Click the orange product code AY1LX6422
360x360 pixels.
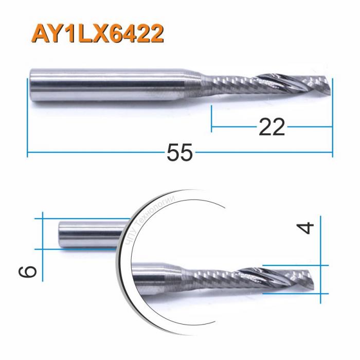click(x=98, y=34)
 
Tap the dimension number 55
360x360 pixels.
click(x=179, y=153)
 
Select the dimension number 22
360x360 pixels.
click(x=271, y=127)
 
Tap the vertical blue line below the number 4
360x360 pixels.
click(x=328, y=280)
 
